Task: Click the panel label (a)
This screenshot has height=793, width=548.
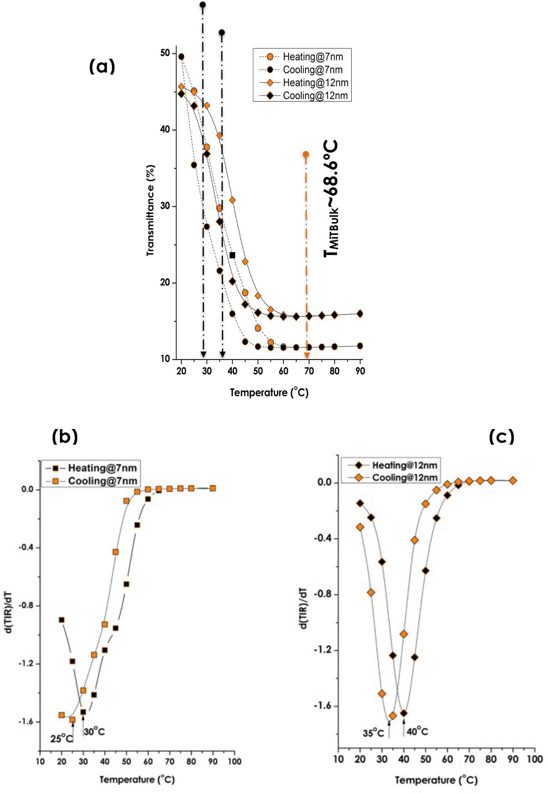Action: (102, 66)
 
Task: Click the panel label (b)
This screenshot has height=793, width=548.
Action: (65, 437)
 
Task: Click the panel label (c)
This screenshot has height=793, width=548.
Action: (502, 437)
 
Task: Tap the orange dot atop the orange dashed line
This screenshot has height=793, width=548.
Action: (305, 154)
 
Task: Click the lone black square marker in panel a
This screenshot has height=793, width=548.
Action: (232, 256)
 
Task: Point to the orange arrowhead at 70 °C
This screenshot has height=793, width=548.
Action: (307, 355)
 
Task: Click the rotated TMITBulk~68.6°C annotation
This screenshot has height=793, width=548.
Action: (331, 199)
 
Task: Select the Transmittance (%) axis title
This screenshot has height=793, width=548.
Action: (150, 210)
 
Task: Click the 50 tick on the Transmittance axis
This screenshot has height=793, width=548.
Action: (165, 53)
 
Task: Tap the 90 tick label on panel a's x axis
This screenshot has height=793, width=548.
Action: (360, 371)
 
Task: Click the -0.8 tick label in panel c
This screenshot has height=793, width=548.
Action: (323, 594)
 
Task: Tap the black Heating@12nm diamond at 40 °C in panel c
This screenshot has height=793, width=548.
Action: (404, 713)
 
